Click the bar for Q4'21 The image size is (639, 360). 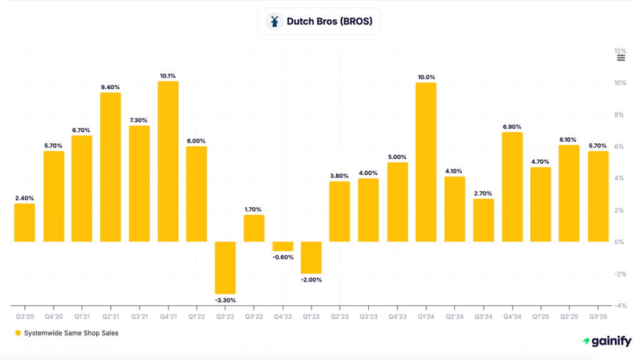coord(168,162)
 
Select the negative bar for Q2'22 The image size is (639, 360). coord(225,268)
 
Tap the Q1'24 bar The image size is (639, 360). coord(426,162)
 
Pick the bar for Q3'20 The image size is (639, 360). coord(25,223)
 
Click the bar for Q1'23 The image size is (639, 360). coord(311,258)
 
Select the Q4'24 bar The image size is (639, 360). coord(512,187)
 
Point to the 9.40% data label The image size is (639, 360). coord(110,87)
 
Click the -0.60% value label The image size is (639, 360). coord(283,257)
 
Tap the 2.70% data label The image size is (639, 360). coord(484,193)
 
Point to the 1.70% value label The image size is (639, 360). coord(254,210)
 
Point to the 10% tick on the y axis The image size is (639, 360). coord(620,83)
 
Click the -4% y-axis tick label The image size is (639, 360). coord(620,306)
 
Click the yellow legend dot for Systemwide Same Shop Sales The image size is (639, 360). coord(18,333)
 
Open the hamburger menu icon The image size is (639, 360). coord(621,58)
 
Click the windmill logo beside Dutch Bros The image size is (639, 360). coord(274,21)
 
